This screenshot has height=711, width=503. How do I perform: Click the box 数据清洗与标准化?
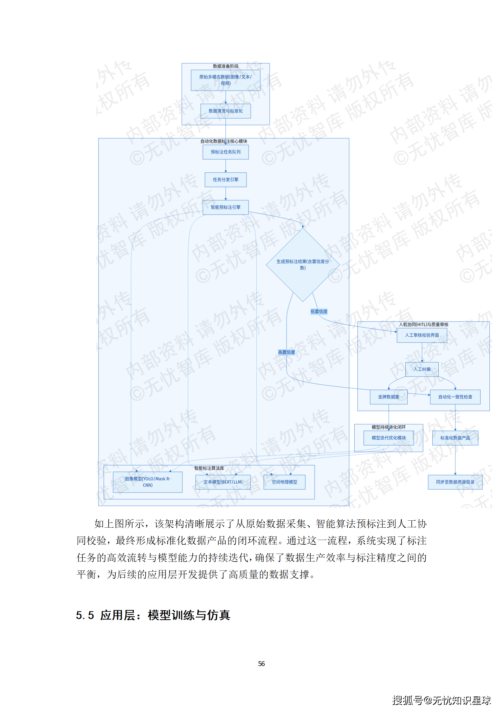(x=225, y=111)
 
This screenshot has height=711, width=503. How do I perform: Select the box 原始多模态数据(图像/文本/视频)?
(x=225, y=80)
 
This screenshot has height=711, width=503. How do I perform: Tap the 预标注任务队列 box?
(x=225, y=152)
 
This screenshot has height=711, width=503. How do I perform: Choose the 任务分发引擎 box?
(x=225, y=180)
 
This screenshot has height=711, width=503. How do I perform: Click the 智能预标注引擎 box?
(x=225, y=207)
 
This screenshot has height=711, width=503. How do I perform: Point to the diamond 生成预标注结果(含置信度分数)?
(x=303, y=264)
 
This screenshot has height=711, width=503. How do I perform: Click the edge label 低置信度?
(x=319, y=312)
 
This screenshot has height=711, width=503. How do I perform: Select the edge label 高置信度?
(x=286, y=352)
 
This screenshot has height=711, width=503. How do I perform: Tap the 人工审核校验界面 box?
(x=422, y=335)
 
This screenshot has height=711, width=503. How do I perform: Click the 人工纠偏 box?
(x=422, y=369)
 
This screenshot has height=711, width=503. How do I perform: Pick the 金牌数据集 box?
(x=389, y=397)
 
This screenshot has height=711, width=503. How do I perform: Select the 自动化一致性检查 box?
(x=455, y=397)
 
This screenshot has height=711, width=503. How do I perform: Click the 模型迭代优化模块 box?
(x=389, y=438)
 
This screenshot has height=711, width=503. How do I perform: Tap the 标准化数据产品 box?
(x=455, y=438)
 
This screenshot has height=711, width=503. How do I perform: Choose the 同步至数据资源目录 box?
(x=455, y=482)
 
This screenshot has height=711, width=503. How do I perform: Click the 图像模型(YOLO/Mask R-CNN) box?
(x=147, y=482)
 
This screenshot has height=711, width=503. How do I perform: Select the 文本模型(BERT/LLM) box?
(x=223, y=482)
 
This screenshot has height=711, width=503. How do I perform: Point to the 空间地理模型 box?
(x=284, y=482)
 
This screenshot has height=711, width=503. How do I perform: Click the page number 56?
(x=261, y=664)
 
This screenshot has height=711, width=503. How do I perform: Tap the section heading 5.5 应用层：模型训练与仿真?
(x=153, y=615)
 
